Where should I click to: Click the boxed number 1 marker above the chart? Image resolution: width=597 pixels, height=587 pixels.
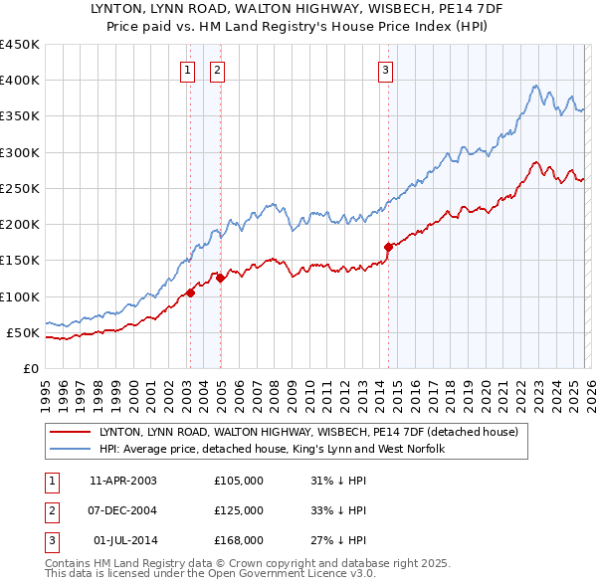pos(187,70)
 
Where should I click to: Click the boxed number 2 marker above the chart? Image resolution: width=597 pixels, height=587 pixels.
pos(216,70)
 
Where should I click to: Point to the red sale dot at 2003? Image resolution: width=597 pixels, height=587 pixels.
pos(189,293)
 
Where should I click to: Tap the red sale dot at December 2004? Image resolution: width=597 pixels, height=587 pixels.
pos(220,280)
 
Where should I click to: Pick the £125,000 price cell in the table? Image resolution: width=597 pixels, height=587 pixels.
pos(239,510)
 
